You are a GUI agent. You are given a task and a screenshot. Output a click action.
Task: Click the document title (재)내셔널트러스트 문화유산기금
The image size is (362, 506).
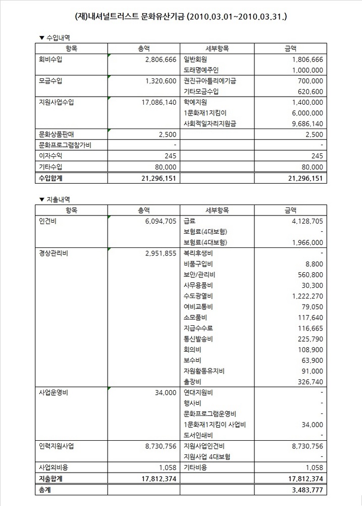181,17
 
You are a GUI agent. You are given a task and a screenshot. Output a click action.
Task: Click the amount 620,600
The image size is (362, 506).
307,91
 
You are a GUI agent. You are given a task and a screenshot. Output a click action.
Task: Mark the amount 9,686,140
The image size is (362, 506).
304,123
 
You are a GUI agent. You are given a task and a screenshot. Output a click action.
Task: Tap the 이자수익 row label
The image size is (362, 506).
50,156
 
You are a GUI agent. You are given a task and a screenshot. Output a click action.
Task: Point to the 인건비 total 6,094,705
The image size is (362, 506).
157,221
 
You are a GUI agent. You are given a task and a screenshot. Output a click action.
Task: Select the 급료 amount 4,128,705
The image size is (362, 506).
304,221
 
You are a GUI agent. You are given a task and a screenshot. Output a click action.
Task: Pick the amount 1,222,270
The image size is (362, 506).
304,296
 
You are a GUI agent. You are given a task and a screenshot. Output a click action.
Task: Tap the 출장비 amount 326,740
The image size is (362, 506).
307,382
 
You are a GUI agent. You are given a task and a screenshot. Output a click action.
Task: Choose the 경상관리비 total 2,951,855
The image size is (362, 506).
157,253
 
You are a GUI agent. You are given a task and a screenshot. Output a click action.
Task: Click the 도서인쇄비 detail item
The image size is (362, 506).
199,435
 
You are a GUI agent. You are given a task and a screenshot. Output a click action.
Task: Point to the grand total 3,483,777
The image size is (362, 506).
304,489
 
